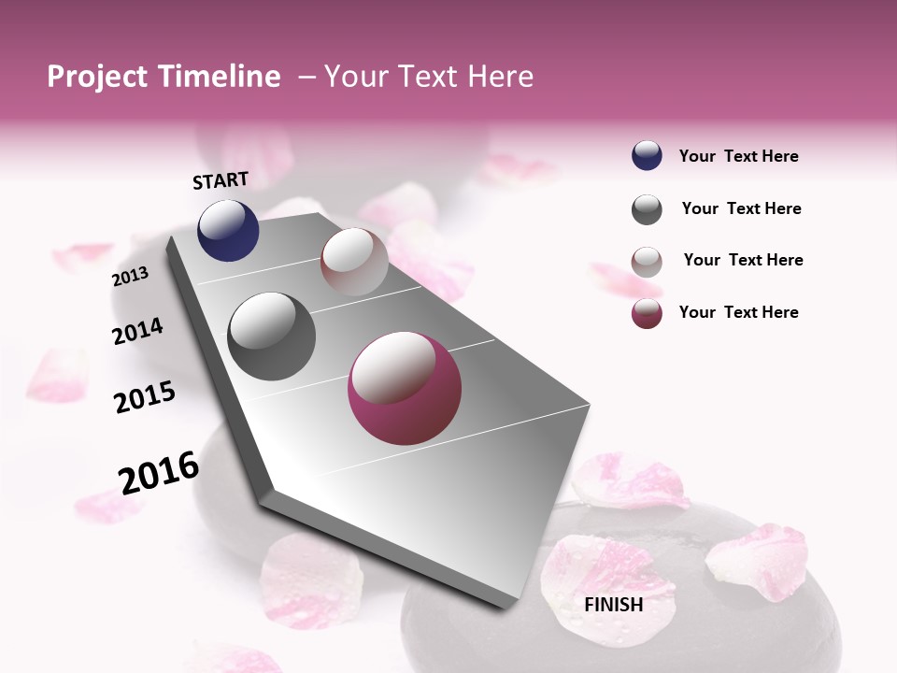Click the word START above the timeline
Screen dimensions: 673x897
tap(221, 180)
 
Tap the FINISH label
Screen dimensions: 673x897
tap(613, 605)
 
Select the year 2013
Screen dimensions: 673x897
tap(130, 276)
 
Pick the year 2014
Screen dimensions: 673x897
tap(137, 331)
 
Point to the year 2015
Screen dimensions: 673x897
tap(145, 397)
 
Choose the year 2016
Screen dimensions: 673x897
tap(159, 473)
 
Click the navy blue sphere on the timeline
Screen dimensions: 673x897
tap(228, 230)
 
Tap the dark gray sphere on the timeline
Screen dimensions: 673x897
tap(271, 336)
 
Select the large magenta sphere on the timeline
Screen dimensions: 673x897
tap(405, 388)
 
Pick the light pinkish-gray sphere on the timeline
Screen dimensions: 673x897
tap(354, 262)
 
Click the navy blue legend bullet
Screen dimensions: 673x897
tap(647, 156)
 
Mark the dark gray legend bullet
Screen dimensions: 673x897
tap(647, 209)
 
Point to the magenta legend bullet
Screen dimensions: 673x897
tap(647, 313)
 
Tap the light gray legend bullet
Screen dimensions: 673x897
tap(647, 262)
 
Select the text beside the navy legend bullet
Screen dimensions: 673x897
tap(738, 156)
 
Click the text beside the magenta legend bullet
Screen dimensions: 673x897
tap(738, 312)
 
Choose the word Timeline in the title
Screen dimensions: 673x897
tap(221, 77)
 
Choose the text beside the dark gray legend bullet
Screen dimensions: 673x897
tap(741, 208)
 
